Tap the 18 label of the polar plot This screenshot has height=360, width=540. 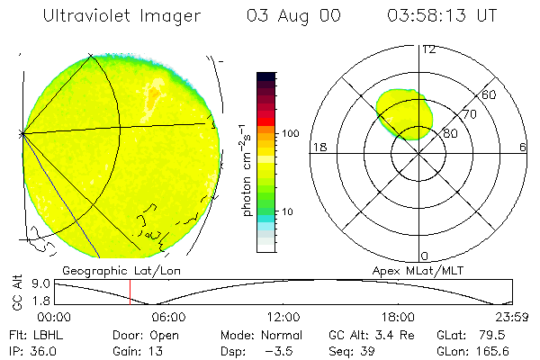[318, 148]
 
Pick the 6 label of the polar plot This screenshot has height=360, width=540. [522, 148]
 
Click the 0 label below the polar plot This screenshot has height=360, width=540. [426, 256]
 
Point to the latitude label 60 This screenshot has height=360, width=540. [490, 94]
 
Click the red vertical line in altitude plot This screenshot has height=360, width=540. [130, 292]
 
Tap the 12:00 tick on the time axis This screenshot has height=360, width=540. [283, 317]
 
